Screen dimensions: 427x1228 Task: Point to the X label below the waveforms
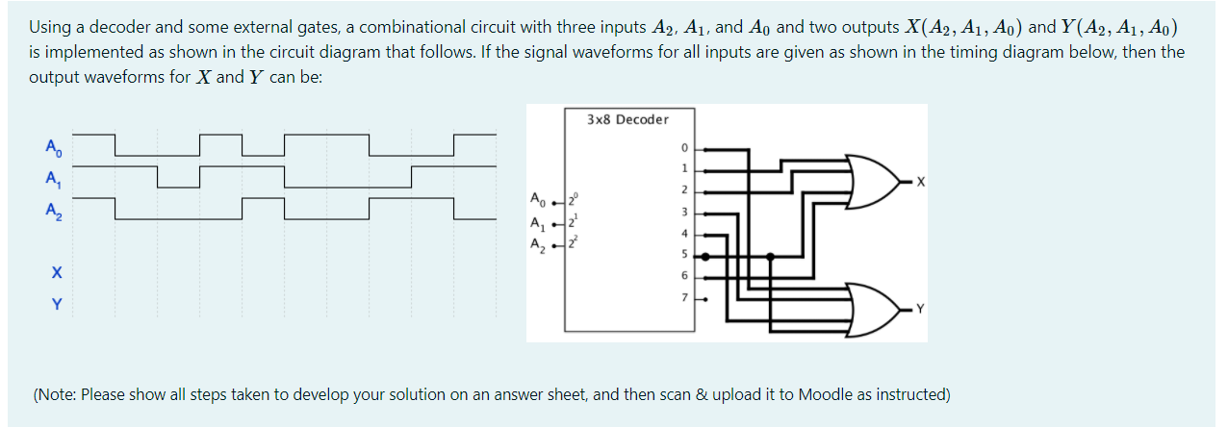point(56,274)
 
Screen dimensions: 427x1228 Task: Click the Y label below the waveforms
point(56,305)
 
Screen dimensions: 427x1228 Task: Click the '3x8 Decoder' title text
point(627,119)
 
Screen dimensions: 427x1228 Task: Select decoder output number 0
point(683,150)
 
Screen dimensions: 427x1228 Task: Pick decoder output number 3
point(683,212)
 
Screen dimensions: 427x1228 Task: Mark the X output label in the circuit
point(920,181)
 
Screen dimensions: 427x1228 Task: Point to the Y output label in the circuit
point(920,310)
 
